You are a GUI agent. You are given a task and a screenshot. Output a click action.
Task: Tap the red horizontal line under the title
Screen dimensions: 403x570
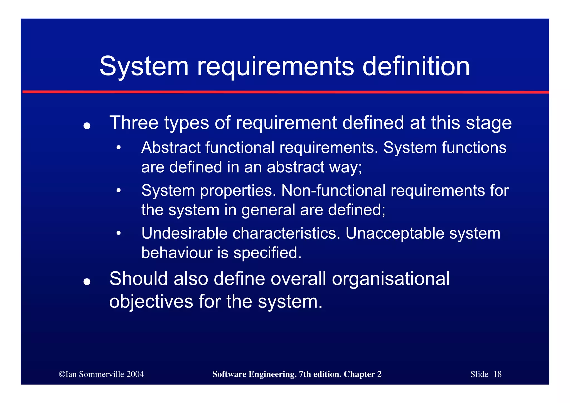pyautogui.click(x=286, y=92)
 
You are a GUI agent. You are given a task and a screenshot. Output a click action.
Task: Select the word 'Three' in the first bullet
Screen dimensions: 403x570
pyautogui.click(x=134, y=123)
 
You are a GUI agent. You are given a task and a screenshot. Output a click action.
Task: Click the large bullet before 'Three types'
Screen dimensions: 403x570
pyautogui.click(x=87, y=126)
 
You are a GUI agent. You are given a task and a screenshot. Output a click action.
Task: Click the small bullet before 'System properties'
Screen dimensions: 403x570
pyautogui.click(x=119, y=191)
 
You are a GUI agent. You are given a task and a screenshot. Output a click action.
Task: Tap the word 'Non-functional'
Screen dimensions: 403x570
pyautogui.click(x=333, y=191)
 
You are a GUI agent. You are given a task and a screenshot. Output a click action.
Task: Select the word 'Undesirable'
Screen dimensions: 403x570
pyautogui.click(x=184, y=233)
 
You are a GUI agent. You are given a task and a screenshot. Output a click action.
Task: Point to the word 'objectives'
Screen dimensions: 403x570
pyautogui.click(x=151, y=302)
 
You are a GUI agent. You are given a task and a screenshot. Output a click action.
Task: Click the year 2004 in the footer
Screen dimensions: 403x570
pyautogui.click(x=135, y=374)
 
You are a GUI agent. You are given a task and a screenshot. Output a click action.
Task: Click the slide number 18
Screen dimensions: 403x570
pyautogui.click(x=497, y=374)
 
